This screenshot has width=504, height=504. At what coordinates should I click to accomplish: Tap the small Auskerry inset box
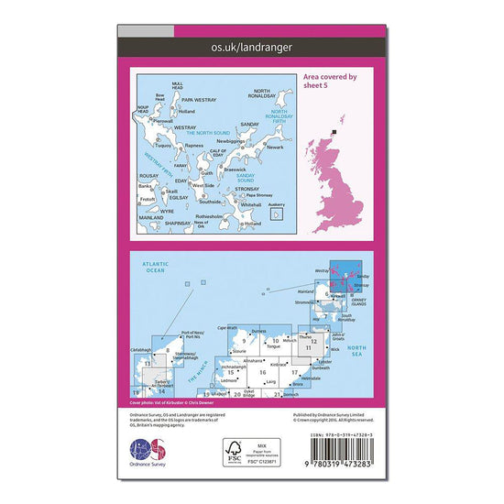[276, 214]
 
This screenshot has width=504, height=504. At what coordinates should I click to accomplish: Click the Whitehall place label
[236, 205]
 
